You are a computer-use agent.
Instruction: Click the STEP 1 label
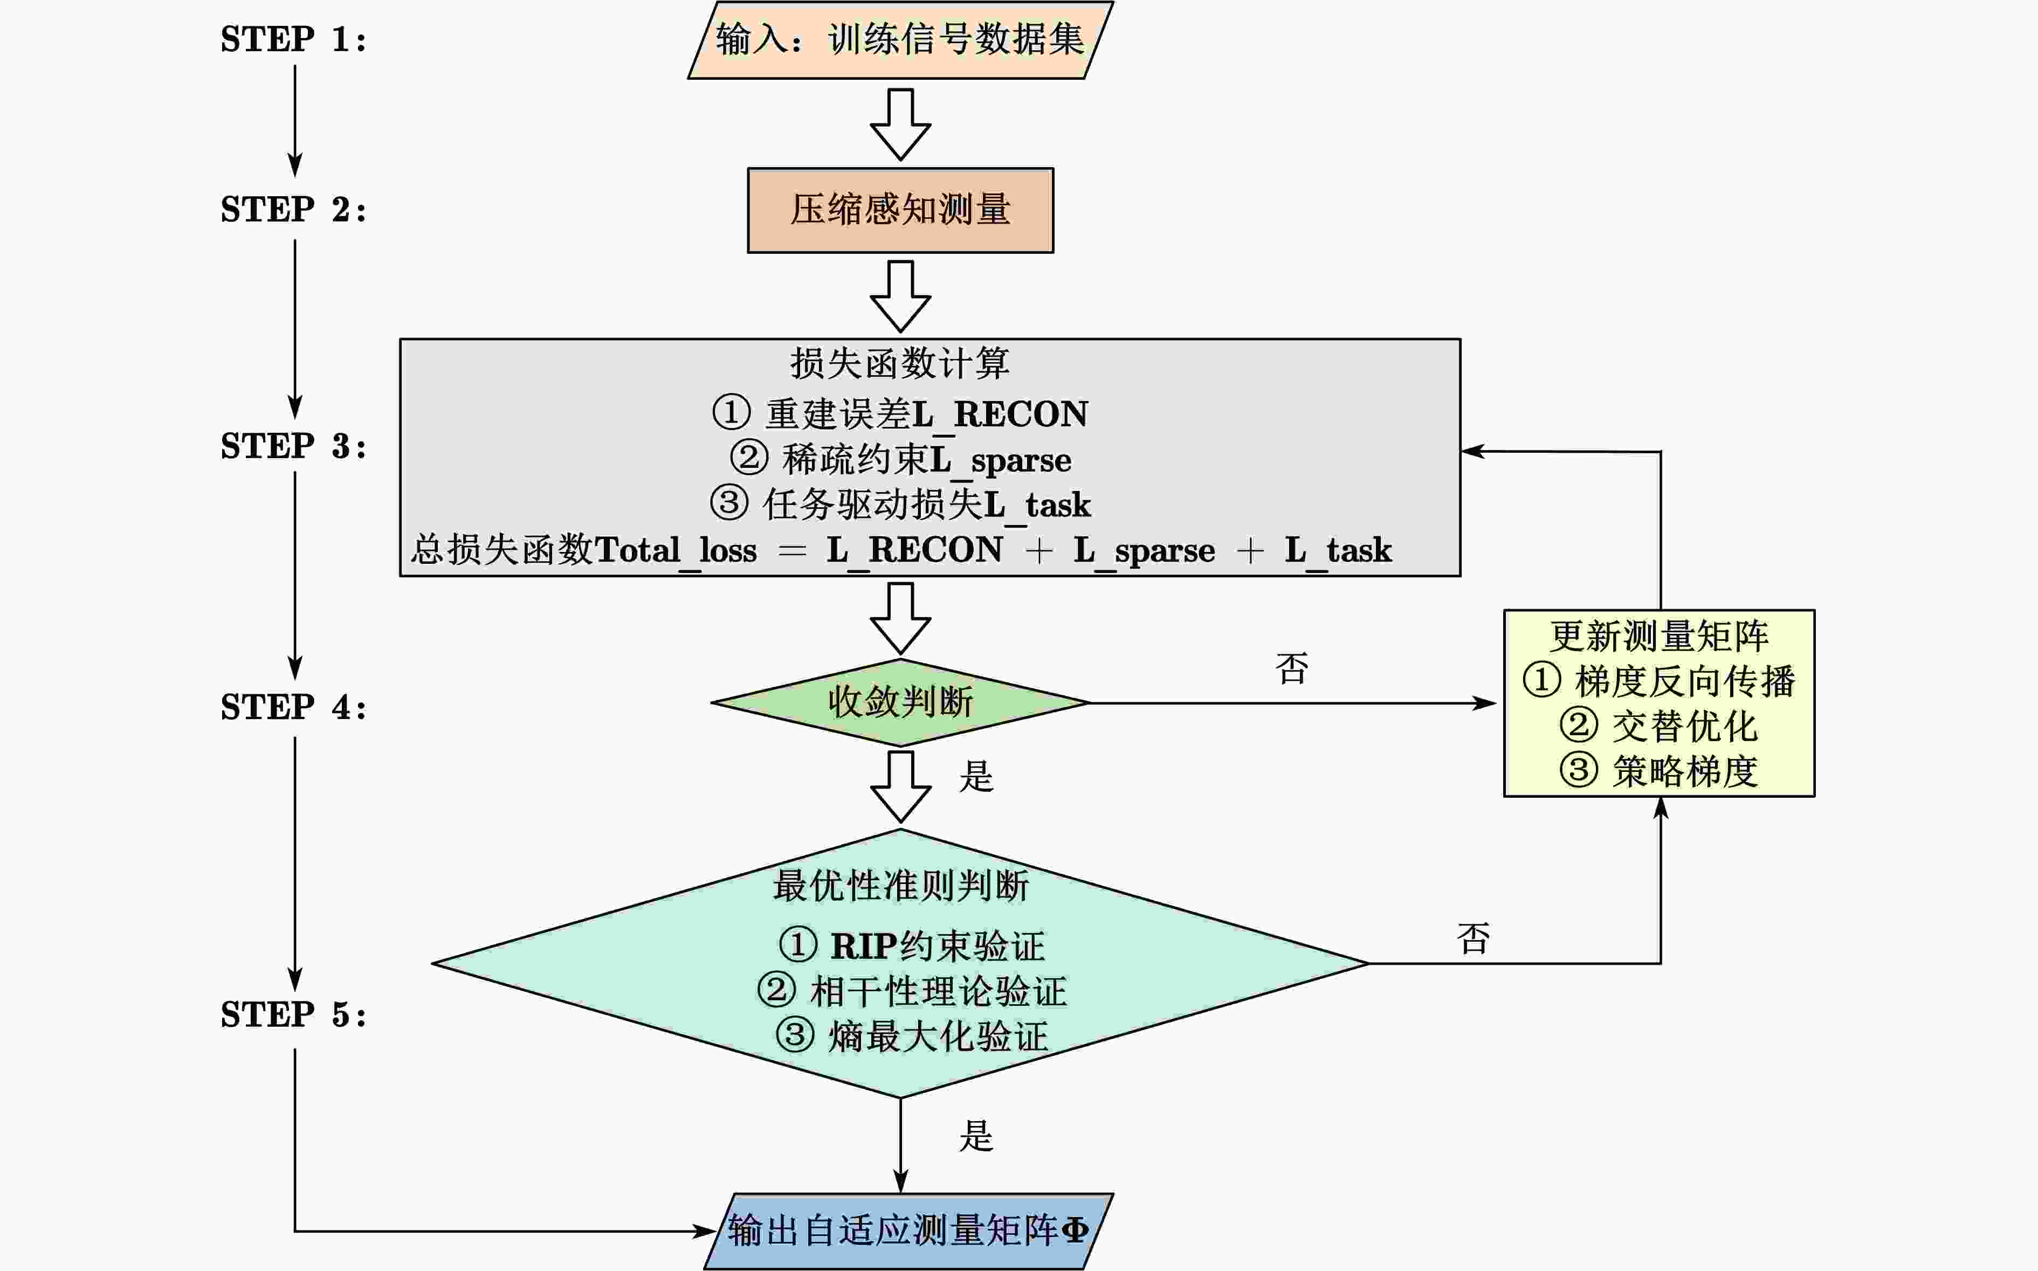[293, 39]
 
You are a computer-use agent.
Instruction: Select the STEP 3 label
[293, 446]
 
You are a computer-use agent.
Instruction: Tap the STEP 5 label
[293, 1014]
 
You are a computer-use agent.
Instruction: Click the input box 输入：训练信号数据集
[900, 39]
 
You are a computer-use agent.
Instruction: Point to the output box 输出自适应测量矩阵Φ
[908, 1231]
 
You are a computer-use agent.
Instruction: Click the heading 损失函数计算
[900, 363]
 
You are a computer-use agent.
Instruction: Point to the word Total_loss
[676, 550]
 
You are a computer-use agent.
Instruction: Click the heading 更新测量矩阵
[1659, 637]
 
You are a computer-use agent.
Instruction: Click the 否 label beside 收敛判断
[1291, 669]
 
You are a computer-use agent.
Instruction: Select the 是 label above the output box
[976, 1136]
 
